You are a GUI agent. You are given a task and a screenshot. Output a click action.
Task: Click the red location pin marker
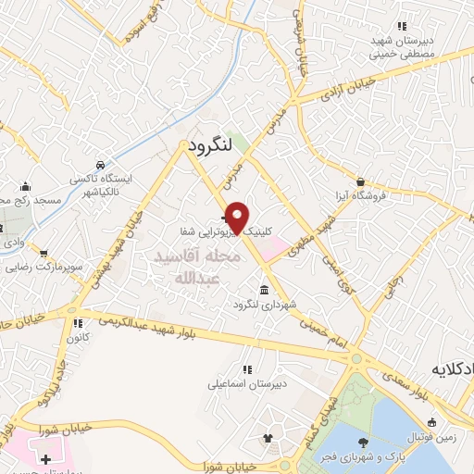click(237, 218)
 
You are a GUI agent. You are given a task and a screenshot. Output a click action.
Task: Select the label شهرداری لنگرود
click(264, 305)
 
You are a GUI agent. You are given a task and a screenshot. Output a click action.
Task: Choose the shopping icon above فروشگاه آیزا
click(360, 182)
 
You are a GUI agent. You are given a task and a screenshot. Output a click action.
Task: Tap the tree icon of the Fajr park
click(362, 443)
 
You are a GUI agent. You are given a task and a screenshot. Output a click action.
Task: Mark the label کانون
click(77, 339)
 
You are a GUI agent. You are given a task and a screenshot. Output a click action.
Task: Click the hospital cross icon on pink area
click(45, 459)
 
